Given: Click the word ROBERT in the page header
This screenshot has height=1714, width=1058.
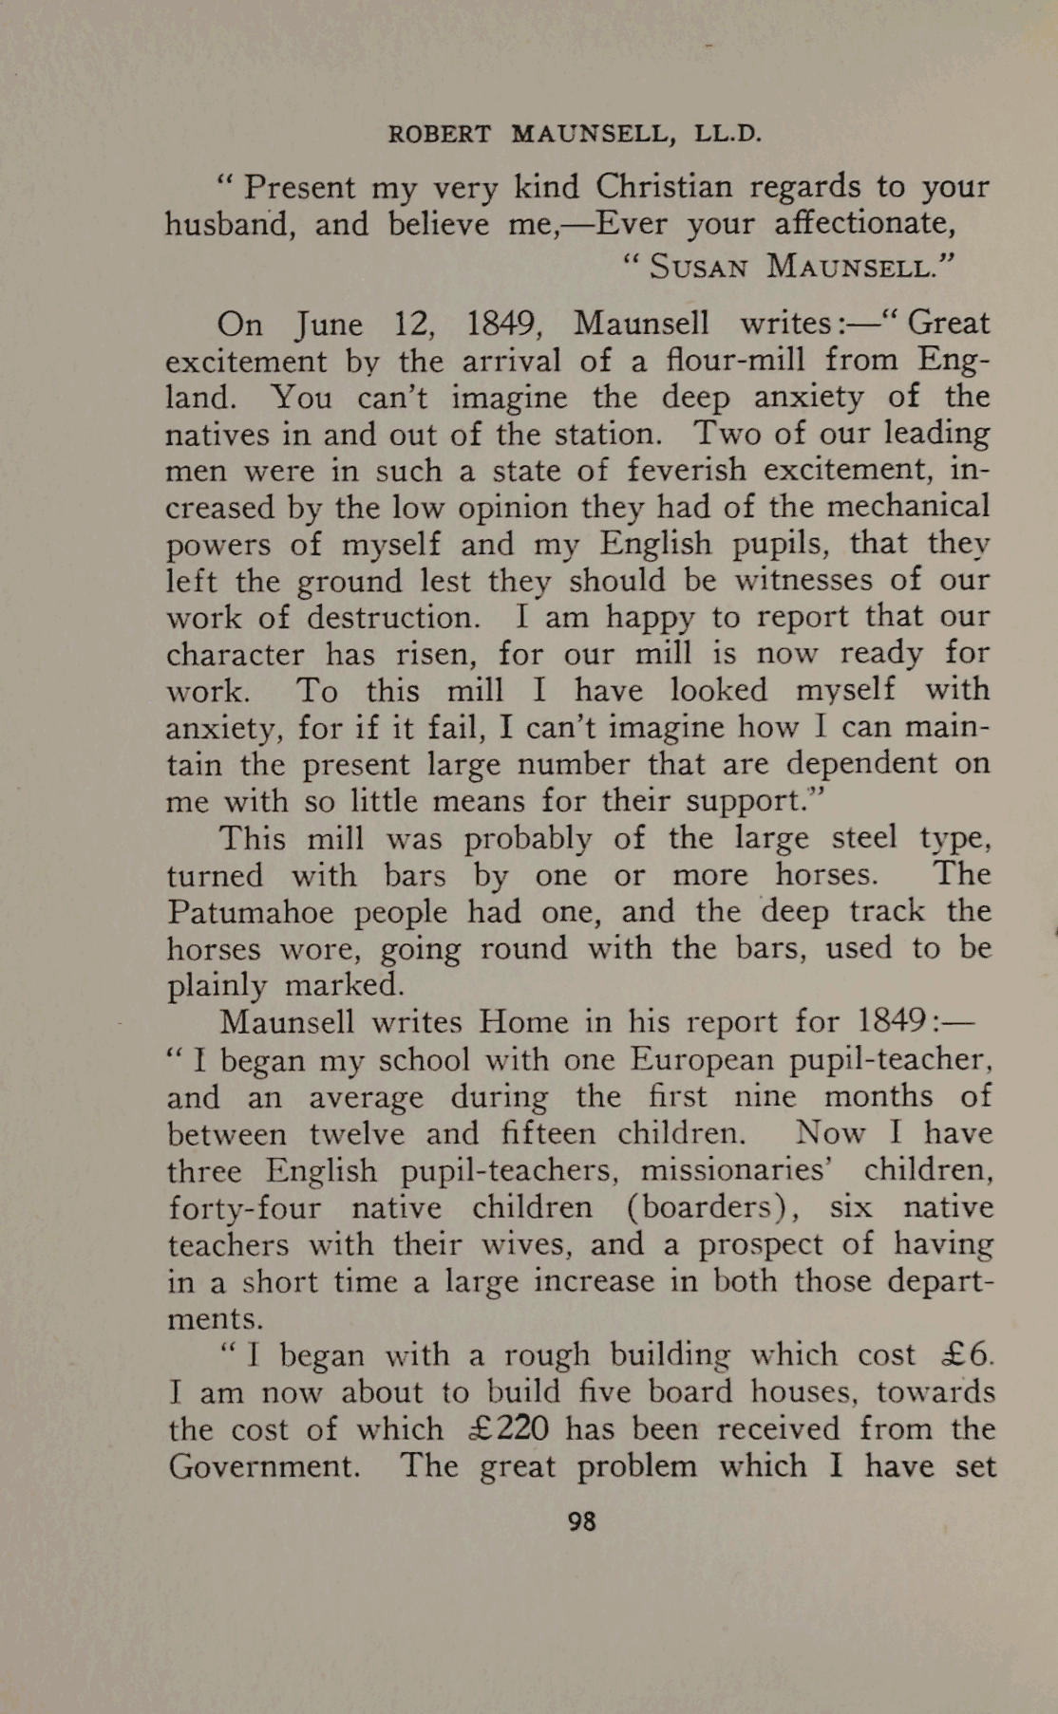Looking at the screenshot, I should [x=439, y=134].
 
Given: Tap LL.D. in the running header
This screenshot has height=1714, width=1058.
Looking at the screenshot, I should [x=728, y=134].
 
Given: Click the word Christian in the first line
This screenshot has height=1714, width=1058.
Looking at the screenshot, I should [x=664, y=186].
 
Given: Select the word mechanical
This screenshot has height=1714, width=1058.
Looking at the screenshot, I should [x=907, y=507].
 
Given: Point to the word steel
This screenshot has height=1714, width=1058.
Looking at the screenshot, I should [x=863, y=838].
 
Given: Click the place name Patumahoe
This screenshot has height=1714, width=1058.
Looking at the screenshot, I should [x=250, y=912].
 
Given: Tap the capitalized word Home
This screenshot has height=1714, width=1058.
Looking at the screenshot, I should [x=525, y=1022].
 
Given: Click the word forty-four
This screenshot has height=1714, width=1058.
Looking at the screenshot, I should [x=244, y=1208].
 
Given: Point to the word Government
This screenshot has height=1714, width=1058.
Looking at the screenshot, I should [x=264, y=1466].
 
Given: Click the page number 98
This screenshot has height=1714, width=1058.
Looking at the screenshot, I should [x=581, y=1521].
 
